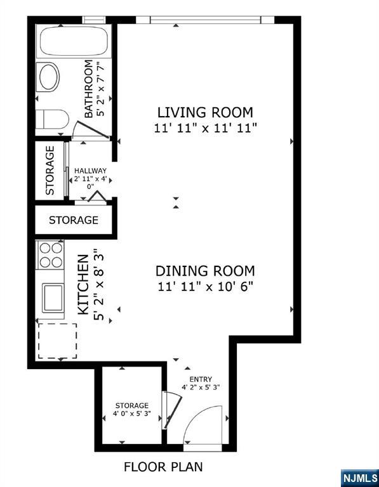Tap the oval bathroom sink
[48, 77]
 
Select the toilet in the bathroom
[52, 119]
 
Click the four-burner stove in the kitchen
[51, 255]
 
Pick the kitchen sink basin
[53, 298]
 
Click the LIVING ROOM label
[205, 112]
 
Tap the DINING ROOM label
[205, 271]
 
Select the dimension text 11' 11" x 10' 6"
[205, 287]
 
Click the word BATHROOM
[89, 89]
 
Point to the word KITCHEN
[83, 285]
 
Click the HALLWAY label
[90, 171]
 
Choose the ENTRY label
[201, 379]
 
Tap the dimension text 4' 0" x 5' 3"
[132, 413]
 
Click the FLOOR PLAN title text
[163, 467]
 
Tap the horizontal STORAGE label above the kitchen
[74, 220]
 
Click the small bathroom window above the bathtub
[94, 20]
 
